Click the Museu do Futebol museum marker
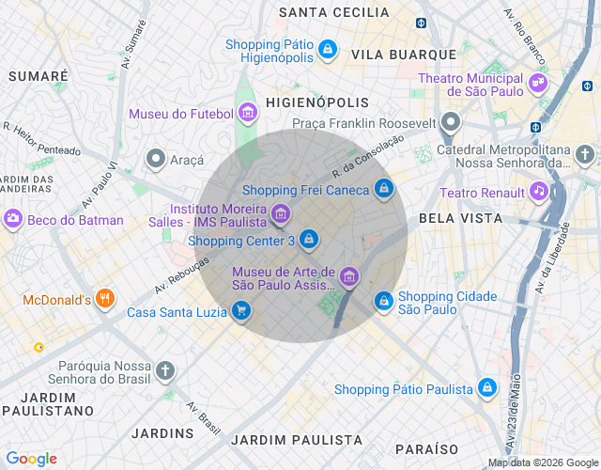248,114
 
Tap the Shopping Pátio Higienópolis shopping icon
327,48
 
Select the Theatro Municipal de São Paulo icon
538,83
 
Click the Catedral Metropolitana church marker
585,154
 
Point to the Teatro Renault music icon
538,192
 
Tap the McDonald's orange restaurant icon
105,300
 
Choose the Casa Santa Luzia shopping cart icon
241,311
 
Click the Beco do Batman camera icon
13,219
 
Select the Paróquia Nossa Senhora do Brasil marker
166,370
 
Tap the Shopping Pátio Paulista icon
486,387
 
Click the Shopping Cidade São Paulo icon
383,301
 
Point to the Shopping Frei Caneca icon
383,190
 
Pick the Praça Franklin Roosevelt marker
452,122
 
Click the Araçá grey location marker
155,159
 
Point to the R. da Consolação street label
367,156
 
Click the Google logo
31,459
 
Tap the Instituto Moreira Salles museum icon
280,215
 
